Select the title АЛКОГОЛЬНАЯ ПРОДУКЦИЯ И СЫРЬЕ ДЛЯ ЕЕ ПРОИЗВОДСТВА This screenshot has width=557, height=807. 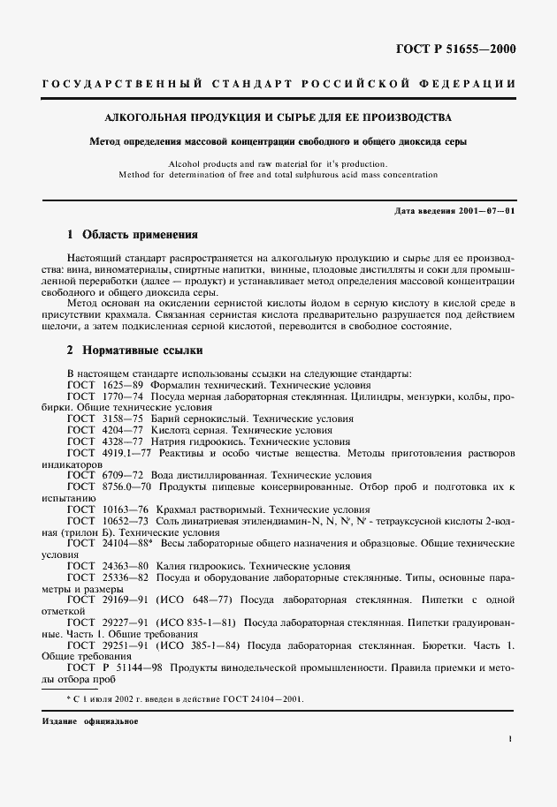[278, 117]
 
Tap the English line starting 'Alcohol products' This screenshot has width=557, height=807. [278, 164]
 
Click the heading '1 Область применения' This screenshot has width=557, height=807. [133, 236]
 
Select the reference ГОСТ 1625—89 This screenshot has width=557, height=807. [94, 385]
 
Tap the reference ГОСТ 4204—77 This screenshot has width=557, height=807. [94, 430]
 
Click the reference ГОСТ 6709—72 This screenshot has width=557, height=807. [94, 474]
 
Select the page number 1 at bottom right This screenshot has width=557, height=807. [511, 742]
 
